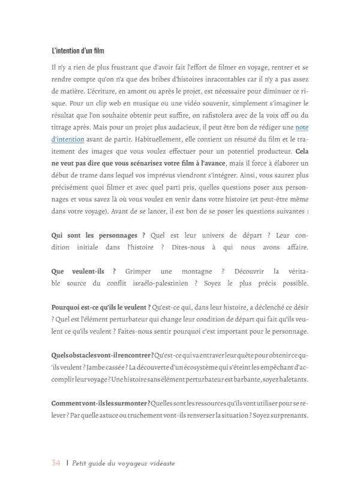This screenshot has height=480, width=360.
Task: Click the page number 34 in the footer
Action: coord(56,463)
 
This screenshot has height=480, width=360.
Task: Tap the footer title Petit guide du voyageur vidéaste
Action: coord(124,463)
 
